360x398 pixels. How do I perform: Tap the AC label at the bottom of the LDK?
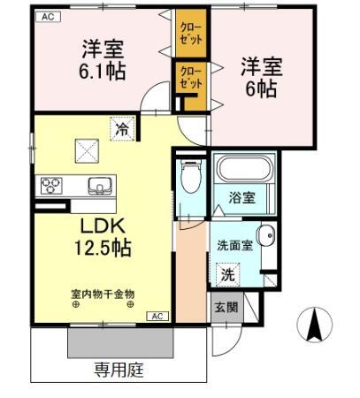[x=156, y=316]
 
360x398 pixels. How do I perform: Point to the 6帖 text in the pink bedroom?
[x=261, y=88]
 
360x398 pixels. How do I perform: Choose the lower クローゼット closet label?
[x=190, y=77]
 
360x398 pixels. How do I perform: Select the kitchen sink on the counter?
[x=98, y=187]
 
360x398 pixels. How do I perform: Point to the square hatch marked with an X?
[x=85, y=151]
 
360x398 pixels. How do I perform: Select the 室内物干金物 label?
[x=103, y=293]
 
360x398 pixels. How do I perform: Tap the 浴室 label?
[x=243, y=197]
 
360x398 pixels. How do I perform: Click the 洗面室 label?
[x=234, y=246]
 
